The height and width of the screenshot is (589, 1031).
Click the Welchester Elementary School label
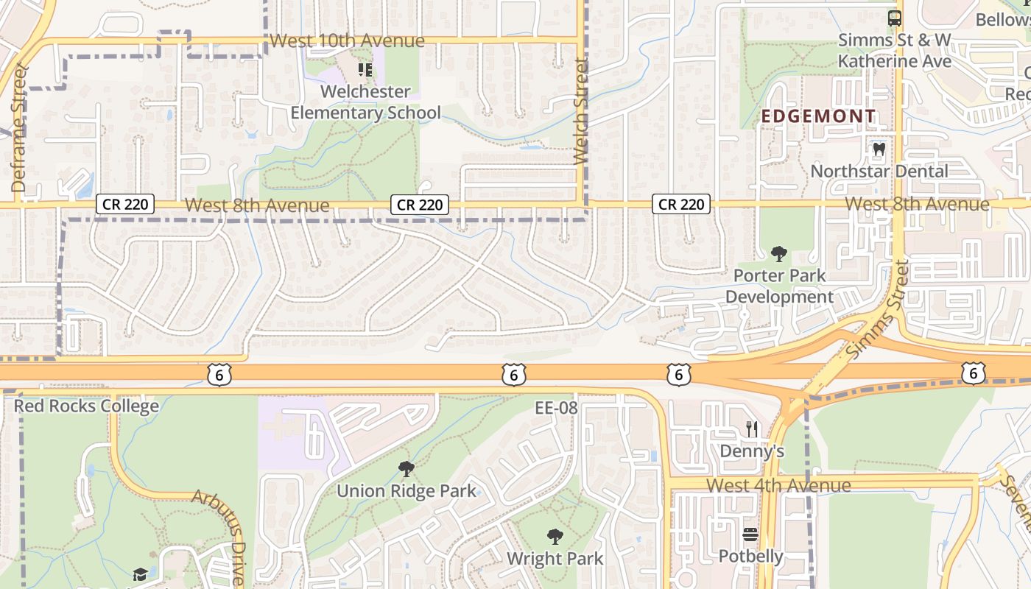(x=365, y=102)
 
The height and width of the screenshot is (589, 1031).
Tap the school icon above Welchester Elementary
(x=365, y=70)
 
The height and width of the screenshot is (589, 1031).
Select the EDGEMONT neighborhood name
(x=818, y=116)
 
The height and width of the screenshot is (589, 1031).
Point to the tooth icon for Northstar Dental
(x=878, y=149)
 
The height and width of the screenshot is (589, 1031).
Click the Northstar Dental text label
(x=879, y=171)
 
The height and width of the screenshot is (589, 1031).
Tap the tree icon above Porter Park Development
(x=778, y=255)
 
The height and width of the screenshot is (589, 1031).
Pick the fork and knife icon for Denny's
(x=751, y=428)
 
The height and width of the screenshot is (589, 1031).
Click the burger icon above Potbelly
(x=750, y=535)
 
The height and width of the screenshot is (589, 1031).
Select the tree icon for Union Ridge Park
(x=406, y=469)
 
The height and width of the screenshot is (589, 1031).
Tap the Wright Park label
(x=555, y=558)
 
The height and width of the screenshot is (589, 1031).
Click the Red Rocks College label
(x=86, y=406)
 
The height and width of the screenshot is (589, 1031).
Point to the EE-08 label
(x=556, y=407)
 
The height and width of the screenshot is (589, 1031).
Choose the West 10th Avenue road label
(x=347, y=40)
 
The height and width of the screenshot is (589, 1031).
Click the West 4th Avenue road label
(x=778, y=485)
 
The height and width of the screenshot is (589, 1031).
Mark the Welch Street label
(x=580, y=112)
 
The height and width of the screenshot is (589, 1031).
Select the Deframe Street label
(x=18, y=129)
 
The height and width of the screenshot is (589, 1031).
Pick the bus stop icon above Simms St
(x=895, y=18)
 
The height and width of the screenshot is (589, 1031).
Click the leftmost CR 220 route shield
(x=125, y=204)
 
